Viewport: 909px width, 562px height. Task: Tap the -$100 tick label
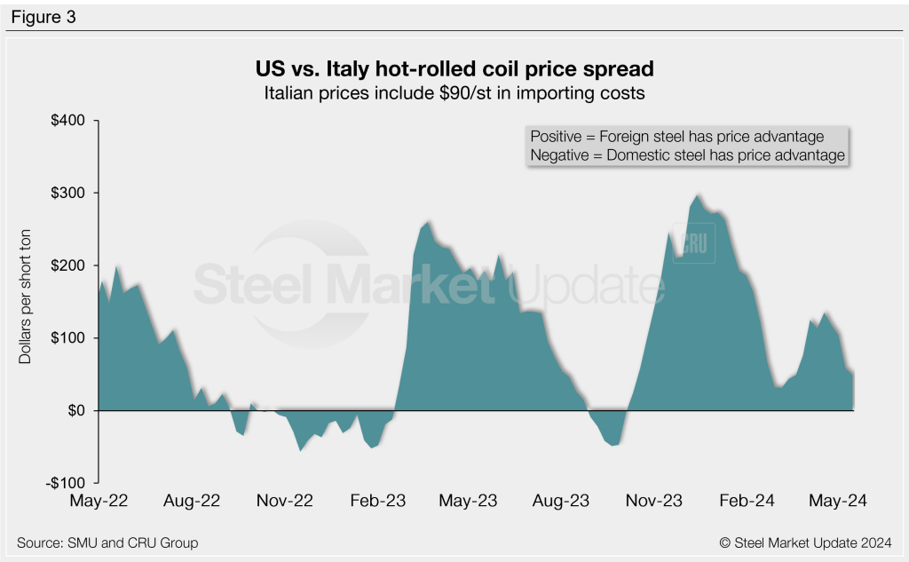[64, 483]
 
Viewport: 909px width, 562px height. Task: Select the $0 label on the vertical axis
[75, 411]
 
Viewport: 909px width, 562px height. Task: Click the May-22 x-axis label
[99, 501]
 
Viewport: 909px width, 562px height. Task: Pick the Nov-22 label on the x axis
[286, 501]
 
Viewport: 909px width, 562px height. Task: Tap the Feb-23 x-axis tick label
[377, 501]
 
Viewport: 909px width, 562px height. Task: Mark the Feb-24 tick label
[746, 501]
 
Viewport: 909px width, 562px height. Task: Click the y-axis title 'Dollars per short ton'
[26, 302]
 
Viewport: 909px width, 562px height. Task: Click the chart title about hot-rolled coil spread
[454, 67]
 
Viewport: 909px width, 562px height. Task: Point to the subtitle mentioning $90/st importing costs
[454, 91]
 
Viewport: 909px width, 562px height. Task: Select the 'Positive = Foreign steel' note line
[676, 137]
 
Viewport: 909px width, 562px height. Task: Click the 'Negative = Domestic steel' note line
[686, 155]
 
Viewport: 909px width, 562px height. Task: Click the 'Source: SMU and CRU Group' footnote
[107, 542]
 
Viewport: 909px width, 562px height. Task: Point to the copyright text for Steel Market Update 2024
[805, 542]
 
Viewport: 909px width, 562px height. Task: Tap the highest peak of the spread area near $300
[699, 195]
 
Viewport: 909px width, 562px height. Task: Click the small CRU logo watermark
[693, 243]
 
